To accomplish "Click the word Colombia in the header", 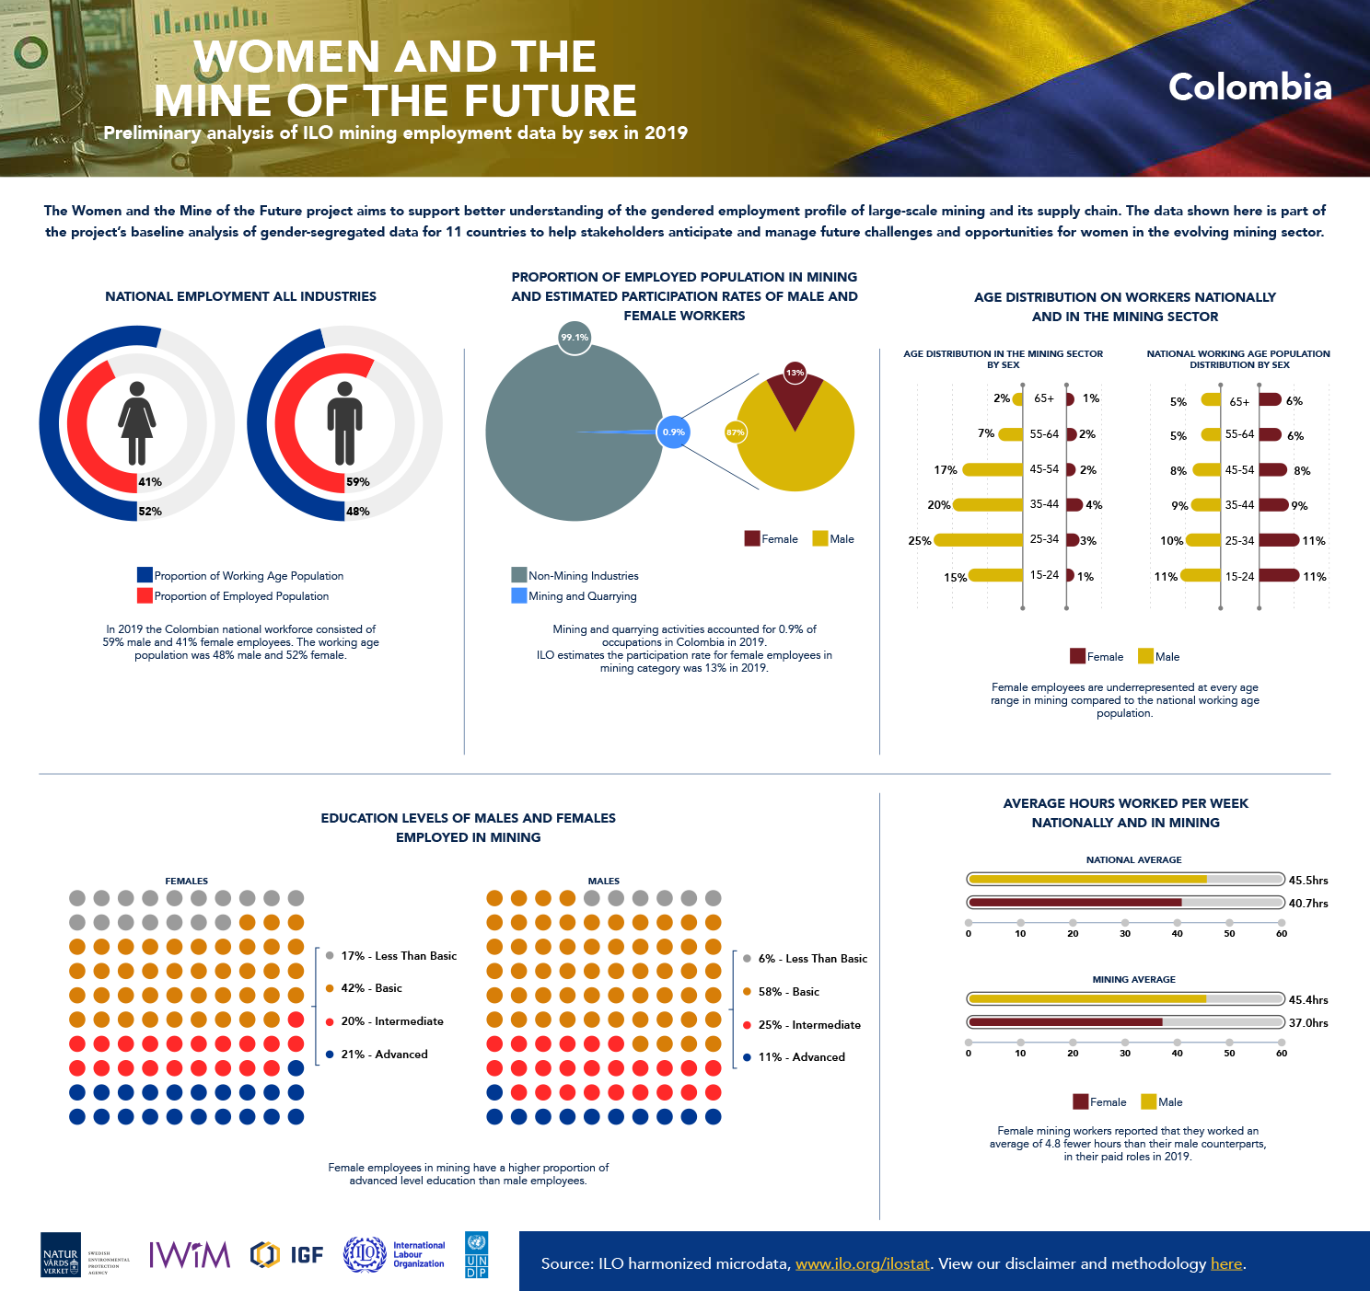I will pos(1249,87).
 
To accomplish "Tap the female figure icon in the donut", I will pos(136,423).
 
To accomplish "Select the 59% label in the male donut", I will pos(358,482).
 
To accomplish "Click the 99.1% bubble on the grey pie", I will pos(575,338).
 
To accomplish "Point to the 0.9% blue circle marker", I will pos(674,432).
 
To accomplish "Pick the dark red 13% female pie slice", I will pos(795,396).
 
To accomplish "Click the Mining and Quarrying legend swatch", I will pos(519,595).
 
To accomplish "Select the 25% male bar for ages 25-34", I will pos(979,540).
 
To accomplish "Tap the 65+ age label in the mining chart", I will pos(1044,398).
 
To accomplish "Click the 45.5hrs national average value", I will pos(1308,881).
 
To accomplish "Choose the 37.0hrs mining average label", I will pos(1308,1023).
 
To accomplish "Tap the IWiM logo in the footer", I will pos(190,1254).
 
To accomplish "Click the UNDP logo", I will pos(477,1254).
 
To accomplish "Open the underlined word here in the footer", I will pos(1226,1263).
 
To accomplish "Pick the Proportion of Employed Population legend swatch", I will pos(145,595).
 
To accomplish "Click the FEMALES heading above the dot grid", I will pos(186,882).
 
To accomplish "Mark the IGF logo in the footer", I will pos(287,1254).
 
